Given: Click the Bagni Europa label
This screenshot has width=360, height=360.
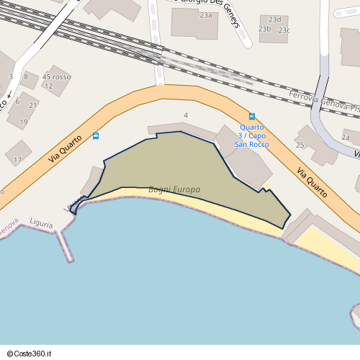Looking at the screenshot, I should tap(174, 190).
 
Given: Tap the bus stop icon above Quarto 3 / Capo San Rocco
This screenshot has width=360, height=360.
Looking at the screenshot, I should tap(252, 117).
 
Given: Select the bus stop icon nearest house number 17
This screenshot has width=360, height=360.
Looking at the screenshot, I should tap(96, 136).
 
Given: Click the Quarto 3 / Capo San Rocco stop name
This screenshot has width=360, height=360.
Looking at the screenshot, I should tap(252, 136).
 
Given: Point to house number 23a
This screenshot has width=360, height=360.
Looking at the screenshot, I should tap(207, 15).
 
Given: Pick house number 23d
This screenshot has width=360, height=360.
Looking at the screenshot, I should tap(274, 19).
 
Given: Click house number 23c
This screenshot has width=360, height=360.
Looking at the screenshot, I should tap(284, 30).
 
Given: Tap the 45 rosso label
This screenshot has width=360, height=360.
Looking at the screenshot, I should tap(57, 77).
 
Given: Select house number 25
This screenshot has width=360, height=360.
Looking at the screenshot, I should tap(300, 145).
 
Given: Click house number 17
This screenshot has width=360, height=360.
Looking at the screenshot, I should tap(18, 160).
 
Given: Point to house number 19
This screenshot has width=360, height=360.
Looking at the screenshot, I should tap(24, 122).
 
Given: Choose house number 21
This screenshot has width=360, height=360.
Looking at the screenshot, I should tap(32, 105).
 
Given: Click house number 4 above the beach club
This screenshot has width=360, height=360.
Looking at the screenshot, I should tap(186, 115).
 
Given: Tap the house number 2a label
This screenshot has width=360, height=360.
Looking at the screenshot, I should tap(346, 137).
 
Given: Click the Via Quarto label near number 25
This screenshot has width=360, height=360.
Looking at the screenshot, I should tap(312, 179).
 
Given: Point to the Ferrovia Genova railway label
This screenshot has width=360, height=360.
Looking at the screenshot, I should tap(323, 103).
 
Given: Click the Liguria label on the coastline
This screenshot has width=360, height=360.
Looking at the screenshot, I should tap(42, 224).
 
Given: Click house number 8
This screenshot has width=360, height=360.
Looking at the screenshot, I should tap(26, 76).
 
